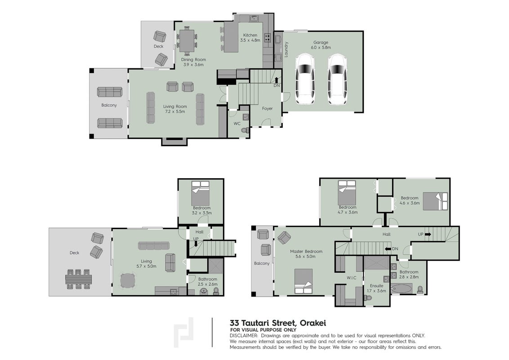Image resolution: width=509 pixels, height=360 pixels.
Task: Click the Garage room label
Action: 321,42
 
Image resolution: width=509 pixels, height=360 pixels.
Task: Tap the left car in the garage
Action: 305,79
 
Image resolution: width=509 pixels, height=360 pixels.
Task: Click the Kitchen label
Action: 250,35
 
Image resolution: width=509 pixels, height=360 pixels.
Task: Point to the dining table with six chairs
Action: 187,40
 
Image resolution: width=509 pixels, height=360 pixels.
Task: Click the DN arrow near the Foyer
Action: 276,80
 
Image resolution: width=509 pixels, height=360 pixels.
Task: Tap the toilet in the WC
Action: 245,130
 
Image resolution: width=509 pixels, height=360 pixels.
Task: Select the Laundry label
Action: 286,49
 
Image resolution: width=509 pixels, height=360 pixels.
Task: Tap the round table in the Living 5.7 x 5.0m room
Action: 128,280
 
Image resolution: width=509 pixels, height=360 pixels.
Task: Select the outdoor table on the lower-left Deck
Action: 78,279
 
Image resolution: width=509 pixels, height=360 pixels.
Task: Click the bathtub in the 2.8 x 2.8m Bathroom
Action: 402,288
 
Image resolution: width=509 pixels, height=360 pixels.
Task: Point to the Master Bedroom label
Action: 306,251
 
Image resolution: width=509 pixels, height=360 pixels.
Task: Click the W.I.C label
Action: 351,278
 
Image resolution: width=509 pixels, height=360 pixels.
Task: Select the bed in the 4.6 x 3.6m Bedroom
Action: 435,201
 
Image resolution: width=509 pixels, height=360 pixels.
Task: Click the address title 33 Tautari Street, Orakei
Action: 278,323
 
